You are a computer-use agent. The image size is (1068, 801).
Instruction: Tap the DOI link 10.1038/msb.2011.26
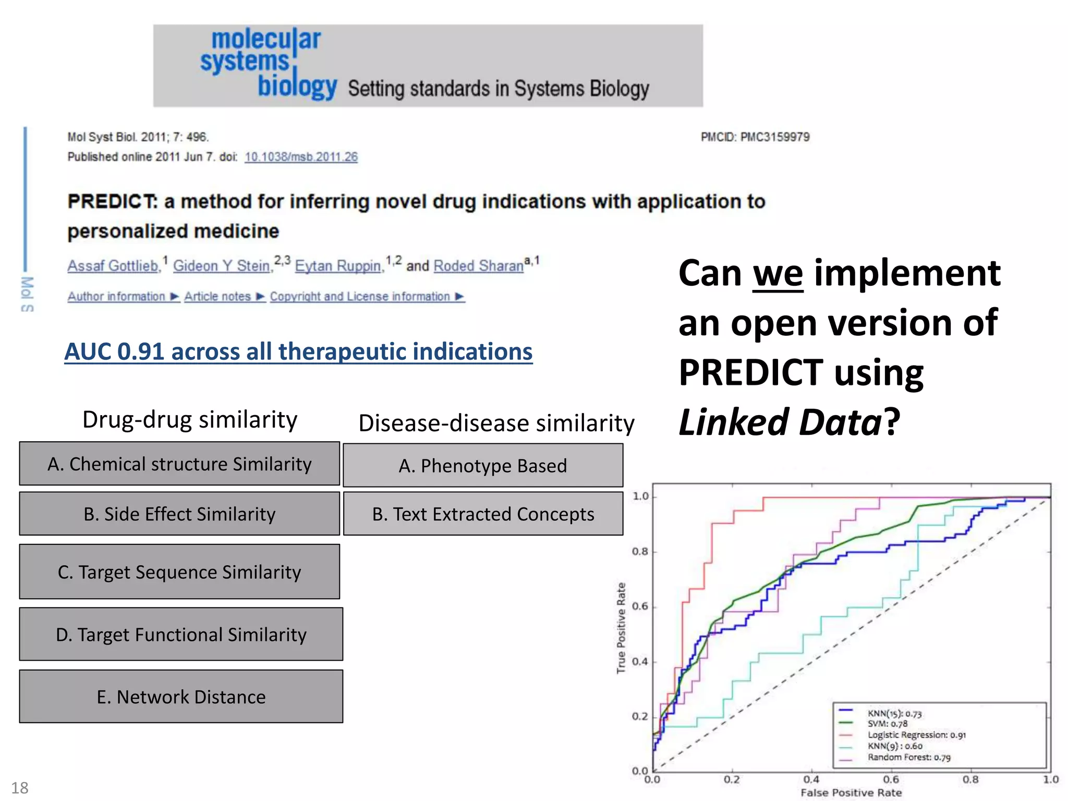[x=301, y=157]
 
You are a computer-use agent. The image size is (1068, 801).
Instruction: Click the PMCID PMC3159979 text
[x=755, y=137]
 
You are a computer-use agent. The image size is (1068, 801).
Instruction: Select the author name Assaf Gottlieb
[x=113, y=266]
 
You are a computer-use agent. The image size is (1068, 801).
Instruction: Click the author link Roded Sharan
[x=478, y=266]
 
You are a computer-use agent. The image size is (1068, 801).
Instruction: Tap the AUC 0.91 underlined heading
[x=298, y=352]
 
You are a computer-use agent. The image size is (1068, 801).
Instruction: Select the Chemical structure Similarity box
[x=179, y=464]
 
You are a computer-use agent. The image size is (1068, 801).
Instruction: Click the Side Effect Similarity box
[x=179, y=514]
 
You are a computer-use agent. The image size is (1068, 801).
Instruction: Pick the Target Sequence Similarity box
[x=179, y=572]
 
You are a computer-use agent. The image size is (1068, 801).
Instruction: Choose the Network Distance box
[x=181, y=697]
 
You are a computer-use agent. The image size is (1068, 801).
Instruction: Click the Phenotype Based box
[x=483, y=465]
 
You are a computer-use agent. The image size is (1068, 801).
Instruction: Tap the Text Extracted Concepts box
[x=483, y=514]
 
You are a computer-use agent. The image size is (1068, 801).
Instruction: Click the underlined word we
[x=778, y=274]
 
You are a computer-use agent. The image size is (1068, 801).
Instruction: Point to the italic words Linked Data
[x=780, y=422]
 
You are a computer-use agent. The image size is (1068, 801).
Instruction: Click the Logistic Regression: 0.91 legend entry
[x=916, y=735]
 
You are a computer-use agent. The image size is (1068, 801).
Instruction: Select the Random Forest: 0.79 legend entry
[x=909, y=757]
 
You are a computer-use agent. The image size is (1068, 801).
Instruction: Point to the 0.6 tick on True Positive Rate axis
[x=640, y=606]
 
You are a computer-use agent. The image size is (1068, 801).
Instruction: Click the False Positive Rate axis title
[x=851, y=793]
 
